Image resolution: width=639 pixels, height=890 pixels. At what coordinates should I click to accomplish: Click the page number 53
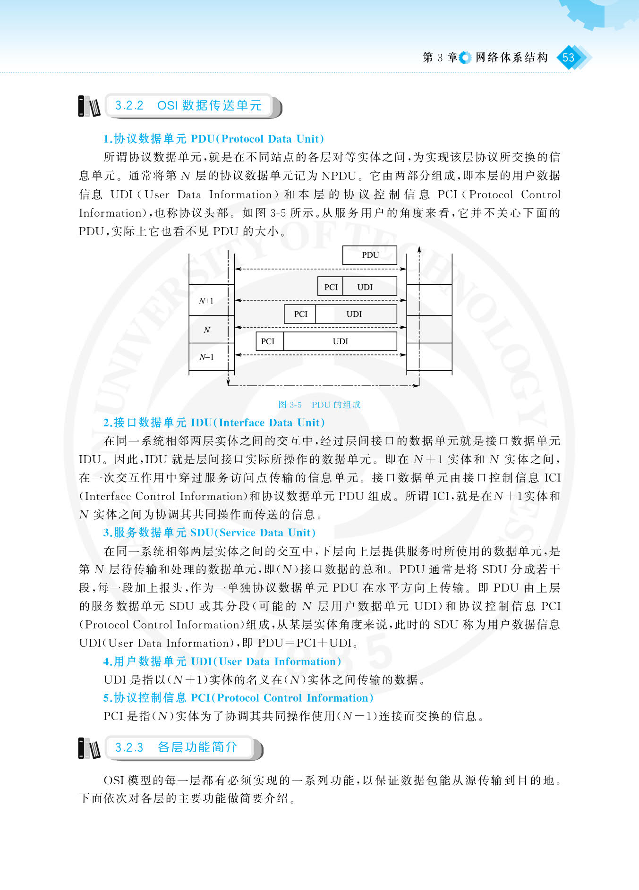click(568, 58)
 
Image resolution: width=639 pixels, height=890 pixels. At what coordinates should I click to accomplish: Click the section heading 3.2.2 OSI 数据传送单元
click(188, 105)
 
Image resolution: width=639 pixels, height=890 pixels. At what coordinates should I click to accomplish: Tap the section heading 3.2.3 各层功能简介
click(176, 747)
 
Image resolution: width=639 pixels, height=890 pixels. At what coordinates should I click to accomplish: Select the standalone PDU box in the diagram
click(370, 255)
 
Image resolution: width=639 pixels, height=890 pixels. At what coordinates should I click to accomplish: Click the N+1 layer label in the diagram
click(206, 301)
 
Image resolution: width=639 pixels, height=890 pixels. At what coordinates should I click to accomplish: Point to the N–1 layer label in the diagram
click(206, 357)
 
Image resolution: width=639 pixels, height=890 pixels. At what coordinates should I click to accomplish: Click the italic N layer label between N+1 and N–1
click(207, 330)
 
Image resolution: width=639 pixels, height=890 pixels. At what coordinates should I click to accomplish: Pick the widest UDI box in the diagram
click(340, 341)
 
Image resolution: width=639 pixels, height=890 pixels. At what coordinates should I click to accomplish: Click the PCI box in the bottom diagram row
click(268, 341)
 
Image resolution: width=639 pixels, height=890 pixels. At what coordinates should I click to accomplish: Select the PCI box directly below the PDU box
click(331, 287)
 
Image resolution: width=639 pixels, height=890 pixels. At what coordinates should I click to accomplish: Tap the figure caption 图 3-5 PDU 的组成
click(319, 405)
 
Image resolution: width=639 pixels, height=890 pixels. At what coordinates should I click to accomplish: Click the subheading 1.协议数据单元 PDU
click(213, 139)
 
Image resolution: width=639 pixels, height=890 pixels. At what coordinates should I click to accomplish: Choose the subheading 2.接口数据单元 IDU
click(214, 423)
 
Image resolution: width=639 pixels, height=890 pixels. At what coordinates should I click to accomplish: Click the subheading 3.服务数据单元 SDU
click(209, 533)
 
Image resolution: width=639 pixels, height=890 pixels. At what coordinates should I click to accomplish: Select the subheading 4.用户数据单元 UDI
click(222, 661)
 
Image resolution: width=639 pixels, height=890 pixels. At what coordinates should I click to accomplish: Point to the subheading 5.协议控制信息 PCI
click(238, 698)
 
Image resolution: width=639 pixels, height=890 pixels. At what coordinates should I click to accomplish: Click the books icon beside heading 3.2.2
click(89, 106)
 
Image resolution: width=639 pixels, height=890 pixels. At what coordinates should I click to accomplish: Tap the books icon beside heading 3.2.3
click(89, 748)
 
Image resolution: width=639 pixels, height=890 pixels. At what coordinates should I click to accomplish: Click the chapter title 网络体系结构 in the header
click(511, 58)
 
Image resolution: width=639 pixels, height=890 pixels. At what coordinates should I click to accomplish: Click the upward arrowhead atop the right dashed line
click(419, 249)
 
